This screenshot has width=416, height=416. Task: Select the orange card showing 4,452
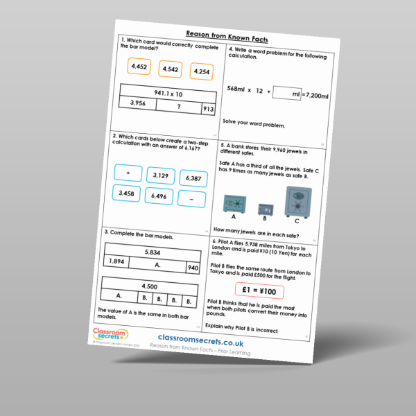(139, 67)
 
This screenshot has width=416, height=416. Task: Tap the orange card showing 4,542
(171, 69)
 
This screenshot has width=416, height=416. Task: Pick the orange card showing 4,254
(202, 71)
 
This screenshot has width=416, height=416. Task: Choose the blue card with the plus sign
(128, 173)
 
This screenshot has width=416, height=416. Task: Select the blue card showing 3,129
(160, 175)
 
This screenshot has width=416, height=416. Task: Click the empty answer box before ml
(284, 92)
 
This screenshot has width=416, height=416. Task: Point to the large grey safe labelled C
(297, 202)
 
